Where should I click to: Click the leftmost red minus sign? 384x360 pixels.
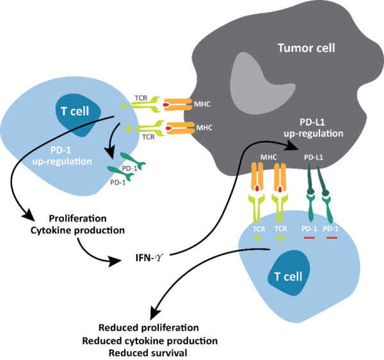point(309,238)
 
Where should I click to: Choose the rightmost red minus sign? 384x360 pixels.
point(332,238)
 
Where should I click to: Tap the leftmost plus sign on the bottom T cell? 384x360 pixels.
point(259,238)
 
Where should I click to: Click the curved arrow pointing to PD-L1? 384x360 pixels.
point(256,151)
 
